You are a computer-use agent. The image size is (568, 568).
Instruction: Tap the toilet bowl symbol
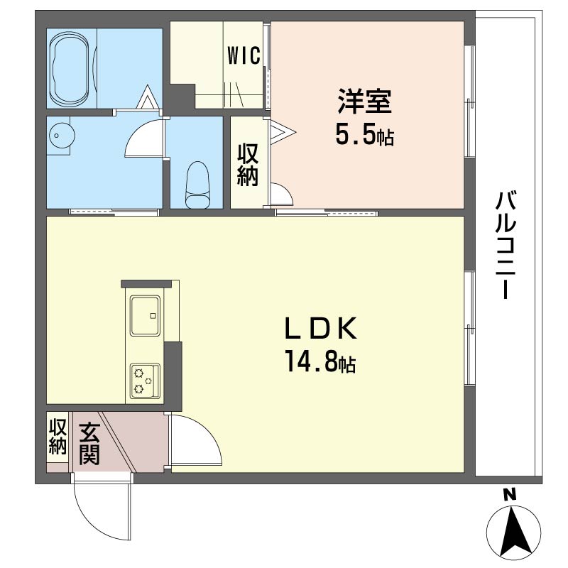coord(197,185)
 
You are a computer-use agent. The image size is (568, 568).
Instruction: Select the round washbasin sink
coord(62,135)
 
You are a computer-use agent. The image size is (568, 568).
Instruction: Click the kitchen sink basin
coord(146,316)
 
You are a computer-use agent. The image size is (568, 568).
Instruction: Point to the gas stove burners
coord(145,381)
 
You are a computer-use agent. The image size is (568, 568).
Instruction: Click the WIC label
coord(244,55)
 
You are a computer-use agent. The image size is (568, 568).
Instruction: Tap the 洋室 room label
coord(364,102)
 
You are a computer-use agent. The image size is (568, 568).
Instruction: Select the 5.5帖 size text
coord(364,135)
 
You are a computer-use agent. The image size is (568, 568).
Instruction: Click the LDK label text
coord(321,328)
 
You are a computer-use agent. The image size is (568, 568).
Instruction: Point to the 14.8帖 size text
coord(321,361)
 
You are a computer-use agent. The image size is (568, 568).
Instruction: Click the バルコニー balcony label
coord(506,245)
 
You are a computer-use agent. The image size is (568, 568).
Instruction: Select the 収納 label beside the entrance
coord(58,436)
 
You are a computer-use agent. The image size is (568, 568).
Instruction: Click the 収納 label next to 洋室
coord(248,165)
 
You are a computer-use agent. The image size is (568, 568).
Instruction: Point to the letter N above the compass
coord(509,495)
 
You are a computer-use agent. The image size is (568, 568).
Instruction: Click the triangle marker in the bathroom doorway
coord(148,97)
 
